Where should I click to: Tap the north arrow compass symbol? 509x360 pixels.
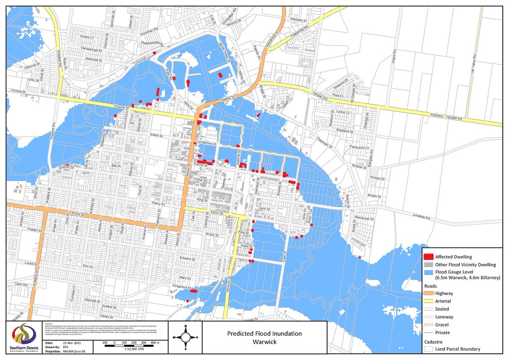185,337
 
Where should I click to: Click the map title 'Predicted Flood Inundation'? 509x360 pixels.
265,333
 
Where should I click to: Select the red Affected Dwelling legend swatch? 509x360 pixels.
429,257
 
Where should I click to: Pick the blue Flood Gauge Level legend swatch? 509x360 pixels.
429,272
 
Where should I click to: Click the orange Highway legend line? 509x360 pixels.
429,293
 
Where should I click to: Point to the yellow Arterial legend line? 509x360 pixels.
429,301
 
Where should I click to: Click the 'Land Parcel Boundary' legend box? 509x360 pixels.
429,349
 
